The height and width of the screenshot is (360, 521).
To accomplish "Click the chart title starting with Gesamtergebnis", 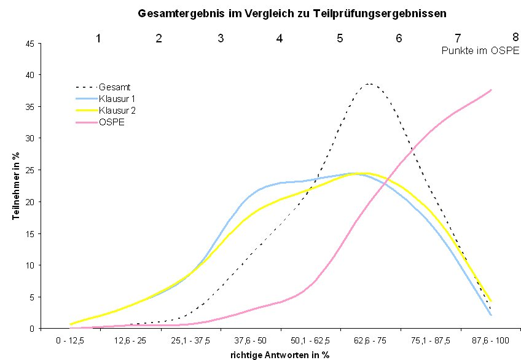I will pyautogui.click(x=291, y=12).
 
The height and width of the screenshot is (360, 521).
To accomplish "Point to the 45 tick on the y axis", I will pyautogui.click(x=29, y=43).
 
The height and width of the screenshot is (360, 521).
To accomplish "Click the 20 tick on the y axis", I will pyautogui.click(x=29, y=202).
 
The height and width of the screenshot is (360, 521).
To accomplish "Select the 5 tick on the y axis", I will pyautogui.click(x=31, y=297).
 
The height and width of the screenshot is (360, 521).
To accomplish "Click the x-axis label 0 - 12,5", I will pyautogui.click(x=70, y=339).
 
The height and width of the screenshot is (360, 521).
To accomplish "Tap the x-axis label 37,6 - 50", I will pyautogui.click(x=251, y=339).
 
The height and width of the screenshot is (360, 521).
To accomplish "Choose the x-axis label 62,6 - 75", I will pyautogui.click(x=371, y=339).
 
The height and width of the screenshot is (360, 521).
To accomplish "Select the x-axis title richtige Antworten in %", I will pyautogui.click(x=281, y=354).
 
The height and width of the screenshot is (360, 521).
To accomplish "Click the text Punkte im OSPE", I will pyautogui.click(x=480, y=52).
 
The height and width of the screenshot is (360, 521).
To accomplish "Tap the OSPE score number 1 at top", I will pyautogui.click(x=98, y=38).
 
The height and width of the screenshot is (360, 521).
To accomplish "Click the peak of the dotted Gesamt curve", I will pyautogui.click(x=369, y=84).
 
